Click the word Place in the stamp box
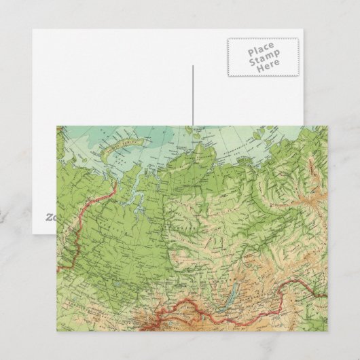pyautogui.click(x=262, y=50)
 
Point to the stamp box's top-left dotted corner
pyautogui.click(x=228, y=39)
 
